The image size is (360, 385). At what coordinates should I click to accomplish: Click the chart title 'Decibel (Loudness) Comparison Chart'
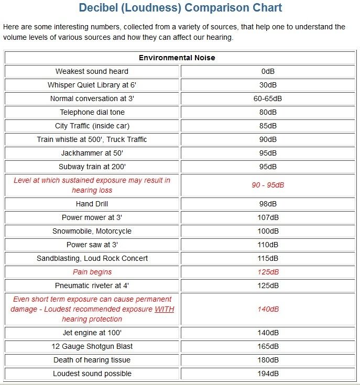tap(180, 8)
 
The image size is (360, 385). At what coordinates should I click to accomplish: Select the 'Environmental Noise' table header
tap(177, 58)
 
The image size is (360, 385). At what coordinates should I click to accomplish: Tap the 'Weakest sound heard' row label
tap(92, 71)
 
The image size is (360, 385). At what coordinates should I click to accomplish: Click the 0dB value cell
tap(268, 71)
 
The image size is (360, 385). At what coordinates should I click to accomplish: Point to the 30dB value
tap(268, 85)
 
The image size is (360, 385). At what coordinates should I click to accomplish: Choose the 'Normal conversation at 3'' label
tap(92, 98)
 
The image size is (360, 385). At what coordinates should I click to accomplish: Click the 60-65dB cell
tap(268, 98)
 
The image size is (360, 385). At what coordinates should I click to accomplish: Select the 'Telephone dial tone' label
tap(92, 112)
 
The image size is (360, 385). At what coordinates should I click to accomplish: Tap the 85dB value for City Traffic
tap(268, 126)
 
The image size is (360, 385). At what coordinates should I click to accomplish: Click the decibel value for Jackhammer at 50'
tap(268, 153)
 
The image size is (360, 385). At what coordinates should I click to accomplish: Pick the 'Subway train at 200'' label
tap(92, 167)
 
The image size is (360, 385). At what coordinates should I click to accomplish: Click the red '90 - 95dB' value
tap(268, 185)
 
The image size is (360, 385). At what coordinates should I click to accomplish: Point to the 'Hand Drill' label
tap(92, 204)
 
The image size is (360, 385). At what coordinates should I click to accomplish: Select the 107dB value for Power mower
tap(268, 217)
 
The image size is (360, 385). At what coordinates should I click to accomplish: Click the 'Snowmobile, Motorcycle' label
tap(92, 231)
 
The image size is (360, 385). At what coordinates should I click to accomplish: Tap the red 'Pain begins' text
tap(92, 272)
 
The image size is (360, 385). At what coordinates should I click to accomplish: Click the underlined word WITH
tap(164, 309)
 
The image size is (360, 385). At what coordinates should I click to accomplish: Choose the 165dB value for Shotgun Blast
tap(268, 346)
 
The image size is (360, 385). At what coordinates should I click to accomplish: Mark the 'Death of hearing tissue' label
tap(92, 360)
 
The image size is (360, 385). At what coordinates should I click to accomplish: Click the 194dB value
tap(268, 373)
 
